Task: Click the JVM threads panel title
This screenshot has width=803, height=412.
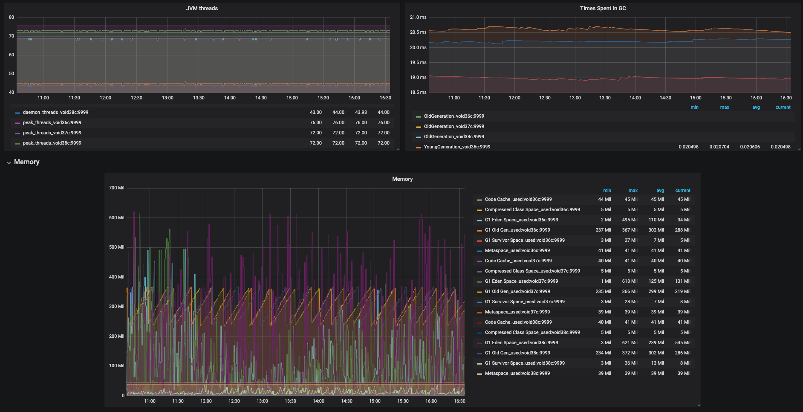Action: click(202, 9)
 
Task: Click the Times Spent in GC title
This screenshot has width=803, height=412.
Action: click(603, 9)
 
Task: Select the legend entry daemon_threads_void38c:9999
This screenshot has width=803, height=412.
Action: click(55, 113)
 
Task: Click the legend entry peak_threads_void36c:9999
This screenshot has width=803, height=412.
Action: click(52, 123)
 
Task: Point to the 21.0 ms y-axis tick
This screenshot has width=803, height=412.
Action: click(418, 17)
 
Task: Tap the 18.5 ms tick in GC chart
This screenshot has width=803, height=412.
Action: click(418, 93)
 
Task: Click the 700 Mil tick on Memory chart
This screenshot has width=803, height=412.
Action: click(116, 188)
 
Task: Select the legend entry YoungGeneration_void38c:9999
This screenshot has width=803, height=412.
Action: click(457, 147)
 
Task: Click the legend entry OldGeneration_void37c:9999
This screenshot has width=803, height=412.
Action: click(454, 127)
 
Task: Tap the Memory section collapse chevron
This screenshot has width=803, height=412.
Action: click(9, 162)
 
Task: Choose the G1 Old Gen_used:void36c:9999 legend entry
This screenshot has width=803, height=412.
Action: click(517, 230)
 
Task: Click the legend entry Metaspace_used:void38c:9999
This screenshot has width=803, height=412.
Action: click(517, 374)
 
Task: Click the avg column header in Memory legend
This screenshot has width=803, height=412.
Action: click(660, 191)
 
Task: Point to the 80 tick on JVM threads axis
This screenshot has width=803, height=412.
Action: click(12, 17)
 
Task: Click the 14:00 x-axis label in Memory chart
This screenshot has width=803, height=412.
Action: click(318, 401)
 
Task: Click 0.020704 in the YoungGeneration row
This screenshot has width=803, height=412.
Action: click(719, 147)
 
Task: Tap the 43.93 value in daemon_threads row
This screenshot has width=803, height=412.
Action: click(361, 113)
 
